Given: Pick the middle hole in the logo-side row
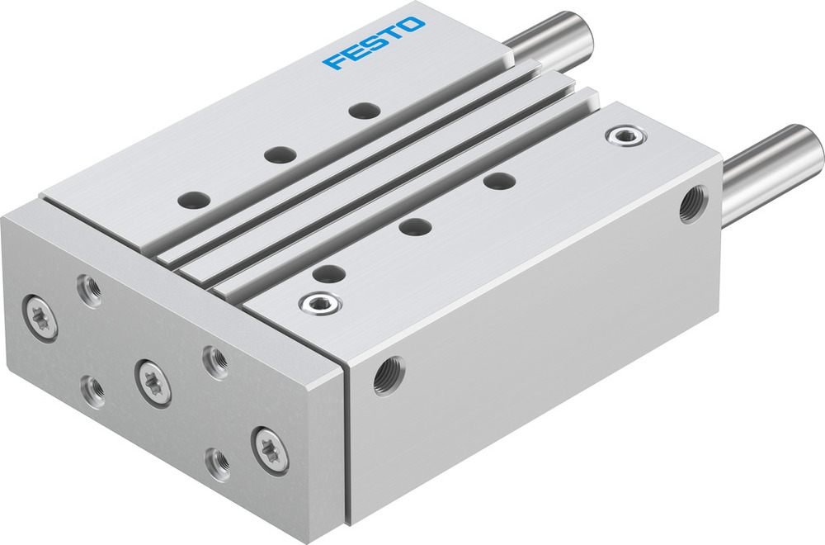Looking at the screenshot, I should [x=279, y=154].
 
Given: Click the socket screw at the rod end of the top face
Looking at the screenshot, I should [x=620, y=135].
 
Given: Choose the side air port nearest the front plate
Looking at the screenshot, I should [x=385, y=376].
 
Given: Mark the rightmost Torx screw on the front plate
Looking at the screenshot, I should [x=271, y=448].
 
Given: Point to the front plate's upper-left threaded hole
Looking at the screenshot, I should [x=87, y=289].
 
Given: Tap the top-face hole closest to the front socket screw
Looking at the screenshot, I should [x=328, y=272].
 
